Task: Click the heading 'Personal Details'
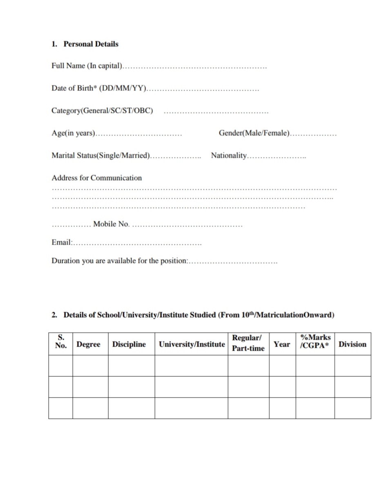pyautogui.click(x=91, y=44)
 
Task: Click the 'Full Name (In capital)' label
pyautogui.click(x=87, y=66)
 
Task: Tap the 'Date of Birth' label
pyautogui.click(x=98, y=88)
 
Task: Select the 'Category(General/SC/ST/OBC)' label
pyautogui.click(x=102, y=111)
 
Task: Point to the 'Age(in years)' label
pyautogui.click(x=73, y=133)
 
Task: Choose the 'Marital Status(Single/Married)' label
pyautogui.click(x=100, y=155)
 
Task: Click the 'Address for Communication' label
pyautogui.click(x=96, y=178)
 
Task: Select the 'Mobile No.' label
pyautogui.click(x=111, y=224)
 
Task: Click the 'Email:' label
pyautogui.click(x=62, y=242)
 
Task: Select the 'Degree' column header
pyautogui.click(x=88, y=344)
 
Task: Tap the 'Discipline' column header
pyautogui.click(x=129, y=344)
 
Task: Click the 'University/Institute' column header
pyautogui.click(x=192, y=344)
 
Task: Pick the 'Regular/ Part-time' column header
pyautogui.click(x=248, y=343)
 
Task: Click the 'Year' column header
pyautogui.click(x=282, y=344)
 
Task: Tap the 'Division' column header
pyautogui.click(x=352, y=344)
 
